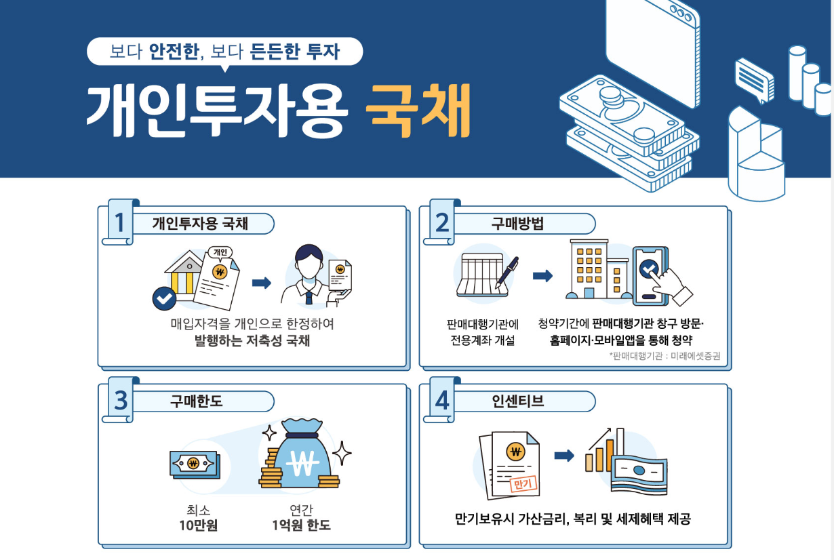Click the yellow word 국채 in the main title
click(x=418, y=111)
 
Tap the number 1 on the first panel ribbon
click(x=119, y=222)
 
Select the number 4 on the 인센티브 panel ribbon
click(x=441, y=401)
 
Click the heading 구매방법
click(x=517, y=224)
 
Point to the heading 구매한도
click(x=196, y=401)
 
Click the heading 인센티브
click(x=517, y=401)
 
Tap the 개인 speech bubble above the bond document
click(x=220, y=253)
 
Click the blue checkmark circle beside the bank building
click(x=164, y=298)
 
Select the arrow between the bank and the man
click(x=261, y=283)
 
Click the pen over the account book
click(x=507, y=272)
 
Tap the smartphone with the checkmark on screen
click(x=650, y=276)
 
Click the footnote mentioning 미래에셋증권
click(x=664, y=356)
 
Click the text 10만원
click(x=198, y=525)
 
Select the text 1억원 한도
click(x=301, y=525)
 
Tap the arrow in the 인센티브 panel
click(x=564, y=456)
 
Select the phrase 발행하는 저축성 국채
click(x=252, y=341)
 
